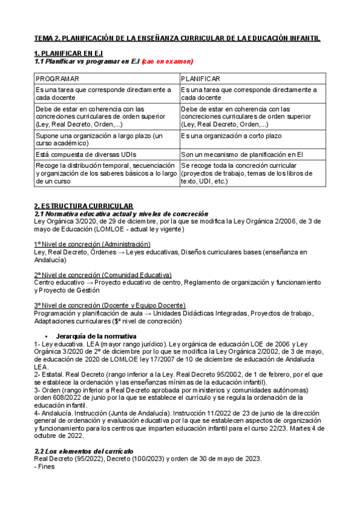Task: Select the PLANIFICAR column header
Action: coord(200,79)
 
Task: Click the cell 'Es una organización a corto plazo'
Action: coord(231,137)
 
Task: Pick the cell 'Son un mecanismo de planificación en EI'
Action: coord(241,155)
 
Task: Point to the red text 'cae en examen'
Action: coord(167,61)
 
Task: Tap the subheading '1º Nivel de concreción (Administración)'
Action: coord(92,244)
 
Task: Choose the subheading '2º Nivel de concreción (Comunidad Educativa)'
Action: coord(102,274)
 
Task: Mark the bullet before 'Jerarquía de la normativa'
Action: coord(46,335)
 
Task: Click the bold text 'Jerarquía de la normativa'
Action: coord(92,335)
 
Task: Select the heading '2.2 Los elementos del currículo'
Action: coord(84,450)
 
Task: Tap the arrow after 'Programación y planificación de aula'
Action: coord(147,313)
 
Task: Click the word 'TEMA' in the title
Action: coord(44,38)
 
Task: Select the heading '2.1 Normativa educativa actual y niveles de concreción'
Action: coord(121,214)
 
